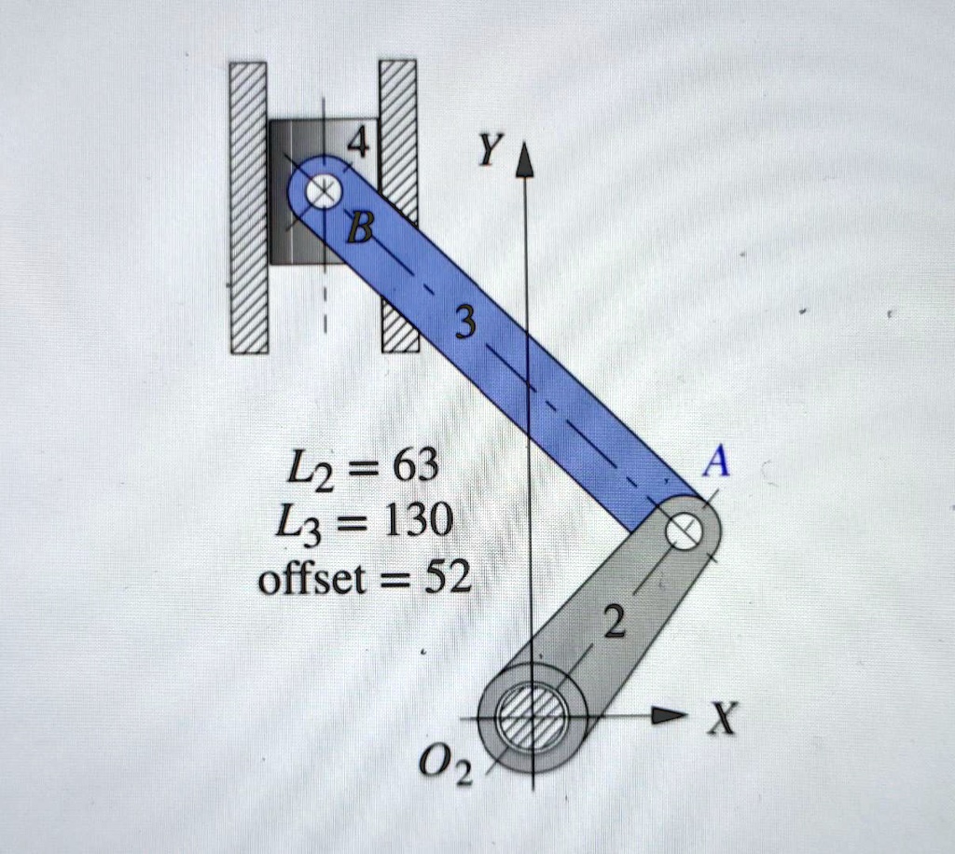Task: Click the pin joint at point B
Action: [323, 194]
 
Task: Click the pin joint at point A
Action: [684, 532]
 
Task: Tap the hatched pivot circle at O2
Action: [532, 717]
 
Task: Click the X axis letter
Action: [721, 719]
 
